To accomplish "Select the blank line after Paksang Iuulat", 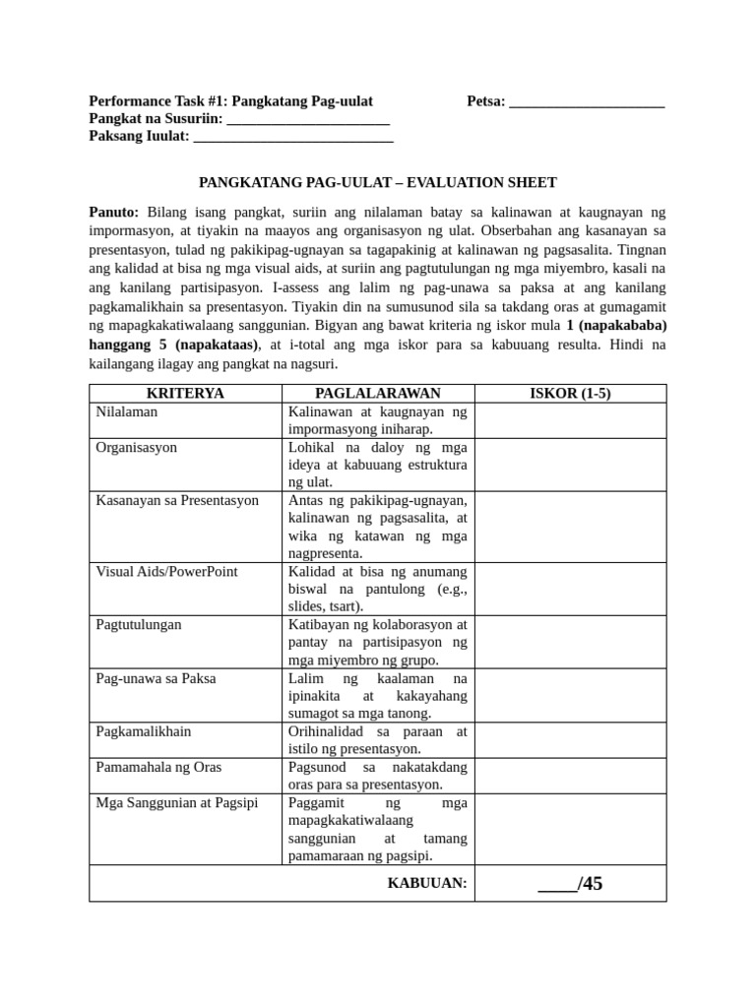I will pyautogui.click(x=293, y=139).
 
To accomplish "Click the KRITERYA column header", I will pyautogui.click(x=185, y=394).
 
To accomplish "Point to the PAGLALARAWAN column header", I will pyautogui.click(x=377, y=394).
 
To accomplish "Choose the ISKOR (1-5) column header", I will pyautogui.click(x=570, y=394).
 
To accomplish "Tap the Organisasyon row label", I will pyautogui.click(x=137, y=447).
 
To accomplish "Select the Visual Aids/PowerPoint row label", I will pyautogui.click(x=166, y=571).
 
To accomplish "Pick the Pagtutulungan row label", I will pyautogui.click(x=138, y=624).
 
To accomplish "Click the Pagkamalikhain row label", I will pyautogui.click(x=144, y=731).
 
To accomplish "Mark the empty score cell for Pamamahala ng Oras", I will pyautogui.click(x=570, y=776).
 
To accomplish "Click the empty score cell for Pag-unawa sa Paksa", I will pyautogui.click(x=570, y=696).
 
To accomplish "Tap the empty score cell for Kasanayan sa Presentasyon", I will pyautogui.click(x=570, y=527).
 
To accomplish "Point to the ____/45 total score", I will pyautogui.click(x=570, y=883).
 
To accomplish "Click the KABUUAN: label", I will pyautogui.click(x=427, y=883).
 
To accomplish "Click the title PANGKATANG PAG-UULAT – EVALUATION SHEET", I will pyautogui.click(x=378, y=182).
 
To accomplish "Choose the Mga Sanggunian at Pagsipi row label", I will pyautogui.click(x=176, y=803).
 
